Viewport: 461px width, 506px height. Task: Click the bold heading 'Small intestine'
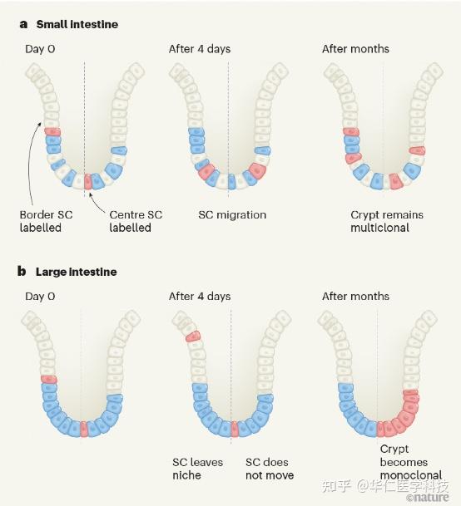(x=77, y=25)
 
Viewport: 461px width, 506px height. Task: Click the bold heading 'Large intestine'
(x=77, y=272)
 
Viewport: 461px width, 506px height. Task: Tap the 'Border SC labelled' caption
(x=46, y=221)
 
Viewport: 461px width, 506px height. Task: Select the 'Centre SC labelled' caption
(x=136, y=221)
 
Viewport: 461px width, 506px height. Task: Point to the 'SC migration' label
(x=232, y=215)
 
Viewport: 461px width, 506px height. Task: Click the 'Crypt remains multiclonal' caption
(x=387, y=221)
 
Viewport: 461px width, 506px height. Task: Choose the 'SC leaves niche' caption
(x=197, y=469)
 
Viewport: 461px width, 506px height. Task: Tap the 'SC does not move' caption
(x=270, y=469)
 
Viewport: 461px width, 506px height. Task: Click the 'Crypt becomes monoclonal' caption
(x=411, y=462)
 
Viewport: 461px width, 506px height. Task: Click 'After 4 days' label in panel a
(x=200, y=49)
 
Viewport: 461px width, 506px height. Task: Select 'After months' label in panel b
(x=355, y=297)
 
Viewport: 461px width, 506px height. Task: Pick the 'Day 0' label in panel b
(x=40, y=297)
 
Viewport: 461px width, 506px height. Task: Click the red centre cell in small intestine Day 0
(x=87, y=181)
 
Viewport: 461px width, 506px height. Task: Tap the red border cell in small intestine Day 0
(x=52, y=131)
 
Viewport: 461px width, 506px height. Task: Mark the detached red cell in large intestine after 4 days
(x=193, y=337)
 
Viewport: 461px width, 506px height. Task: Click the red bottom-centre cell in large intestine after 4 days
(x=235, y=430)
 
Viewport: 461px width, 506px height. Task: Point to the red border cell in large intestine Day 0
(x=49, y=380)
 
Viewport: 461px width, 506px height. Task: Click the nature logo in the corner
(x=428, y=498)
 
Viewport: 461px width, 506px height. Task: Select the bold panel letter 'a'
(x=23, y=25)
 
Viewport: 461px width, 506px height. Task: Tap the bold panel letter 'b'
(x=22, y=272)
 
